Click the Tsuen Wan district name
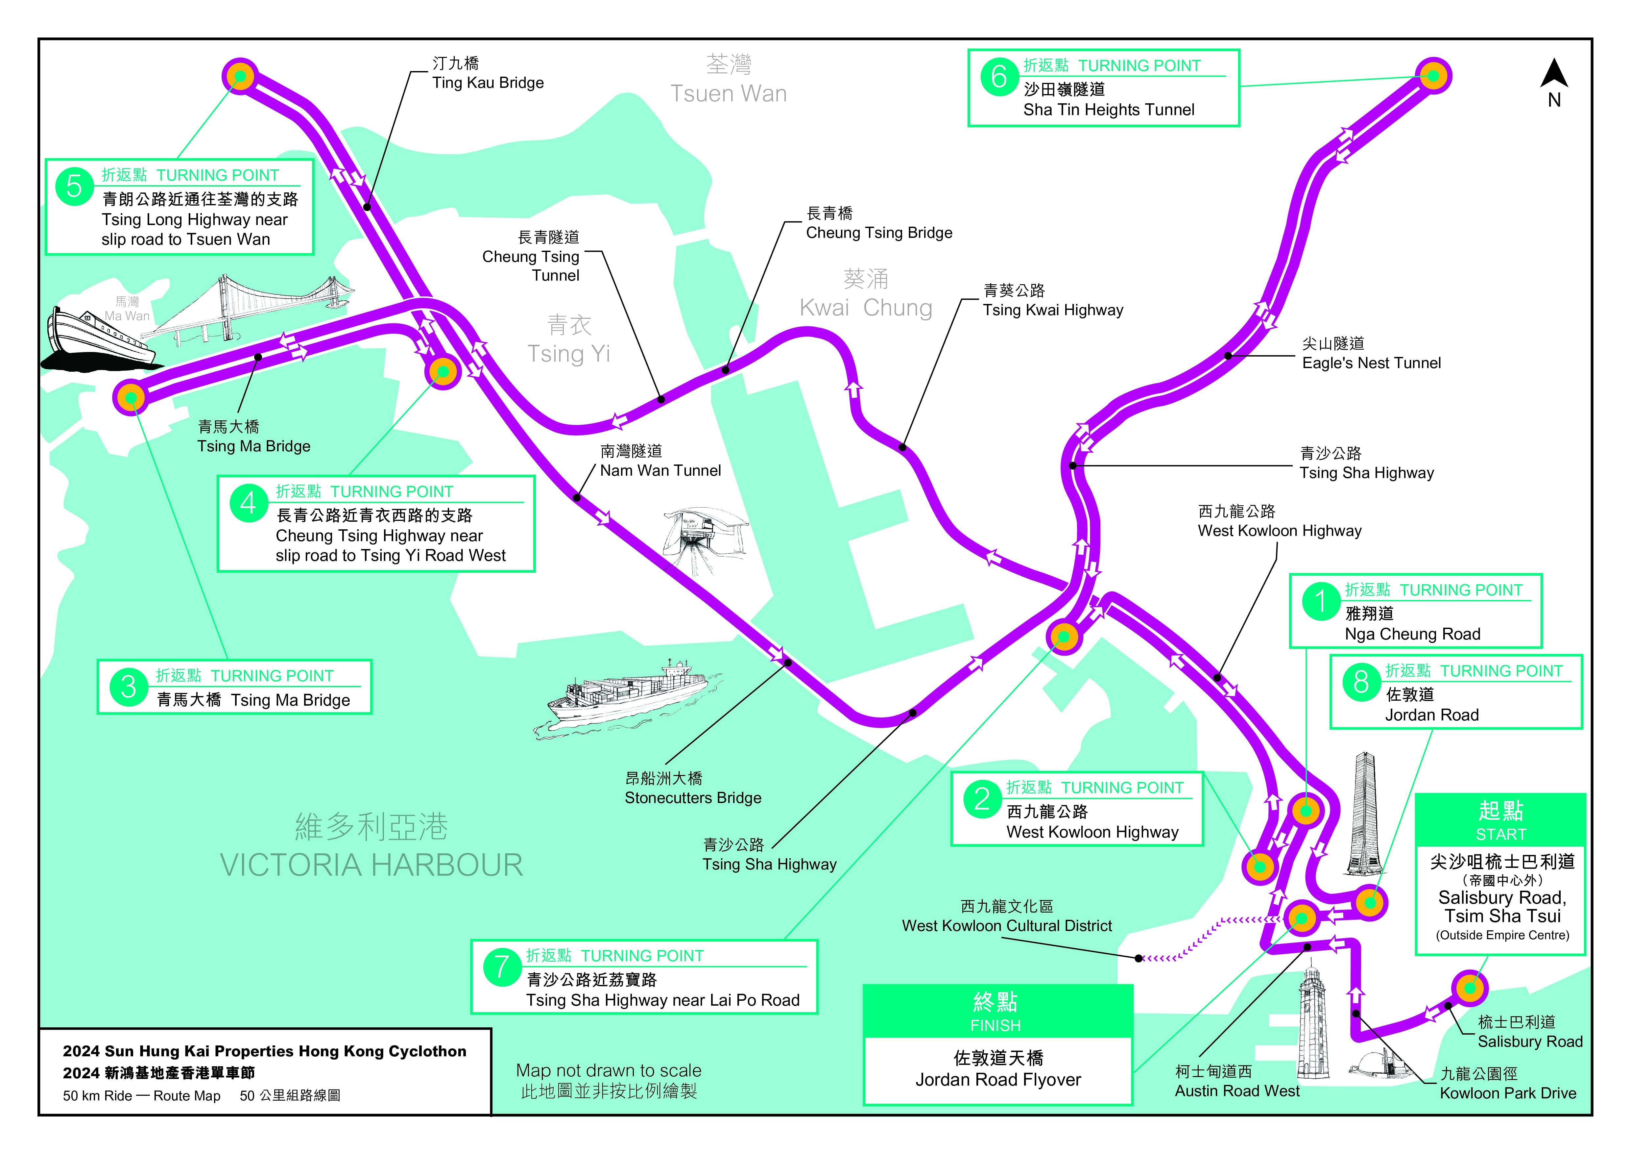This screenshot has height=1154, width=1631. coord(729,80)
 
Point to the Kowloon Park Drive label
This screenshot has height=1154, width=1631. coord(1507,1084)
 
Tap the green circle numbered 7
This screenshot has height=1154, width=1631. coord(501,967)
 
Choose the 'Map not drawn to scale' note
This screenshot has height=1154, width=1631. coord(609,1080)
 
